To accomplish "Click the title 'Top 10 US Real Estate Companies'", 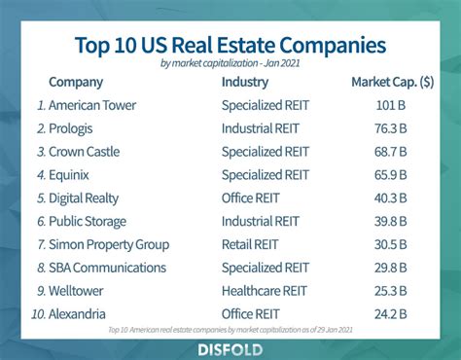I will (230, 45).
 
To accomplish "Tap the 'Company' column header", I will (75, 82).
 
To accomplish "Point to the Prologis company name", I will (73, 128).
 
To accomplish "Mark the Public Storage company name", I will (88, 222).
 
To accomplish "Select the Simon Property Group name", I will (109, 245).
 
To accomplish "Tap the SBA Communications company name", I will (107, 268).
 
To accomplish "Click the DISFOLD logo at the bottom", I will (230, 347).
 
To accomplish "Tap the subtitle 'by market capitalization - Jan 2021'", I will (230, 64).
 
